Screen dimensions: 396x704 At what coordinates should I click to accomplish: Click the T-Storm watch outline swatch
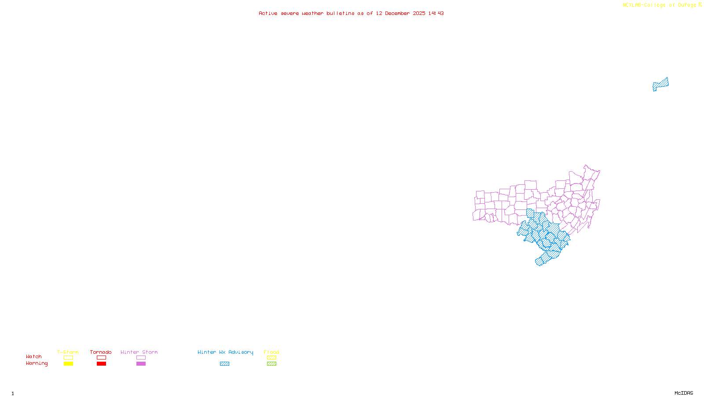click(x=68, y=358)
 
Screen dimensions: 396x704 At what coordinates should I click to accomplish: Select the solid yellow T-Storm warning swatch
click(x=68, y=364)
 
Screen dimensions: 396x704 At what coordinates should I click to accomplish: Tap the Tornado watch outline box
click(x=101, y=358)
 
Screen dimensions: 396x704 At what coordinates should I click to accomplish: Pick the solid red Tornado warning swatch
click(x=101, y=364)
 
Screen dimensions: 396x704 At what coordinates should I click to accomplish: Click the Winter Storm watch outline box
click(x=141, y=358)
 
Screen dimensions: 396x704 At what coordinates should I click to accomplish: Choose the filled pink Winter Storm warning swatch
click(x=141, y=364)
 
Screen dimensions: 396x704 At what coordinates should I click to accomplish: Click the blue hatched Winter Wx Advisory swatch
click(x=224, y=364)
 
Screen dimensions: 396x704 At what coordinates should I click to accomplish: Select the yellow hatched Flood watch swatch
click(x=271, y=358)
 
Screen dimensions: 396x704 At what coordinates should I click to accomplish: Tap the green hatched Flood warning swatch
click(x=271, y=364)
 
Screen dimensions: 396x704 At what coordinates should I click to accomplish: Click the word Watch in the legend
click(x=34, y=357)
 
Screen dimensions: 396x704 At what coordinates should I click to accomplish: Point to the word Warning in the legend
click(x=37, y=363)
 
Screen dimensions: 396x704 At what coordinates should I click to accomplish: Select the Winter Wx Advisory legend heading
click(x=225, y=352)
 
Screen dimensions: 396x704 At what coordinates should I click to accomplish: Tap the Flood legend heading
click(x=271, y=352)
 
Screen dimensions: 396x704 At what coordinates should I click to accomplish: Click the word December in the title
click(x=397, y=13)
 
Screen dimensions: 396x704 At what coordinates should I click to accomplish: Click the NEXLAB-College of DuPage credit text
click(x=659, y=5)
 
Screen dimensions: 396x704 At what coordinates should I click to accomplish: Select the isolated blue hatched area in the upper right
click(x=661, y=84)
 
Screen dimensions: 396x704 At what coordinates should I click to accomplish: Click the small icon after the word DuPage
click(x=700, y=5)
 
